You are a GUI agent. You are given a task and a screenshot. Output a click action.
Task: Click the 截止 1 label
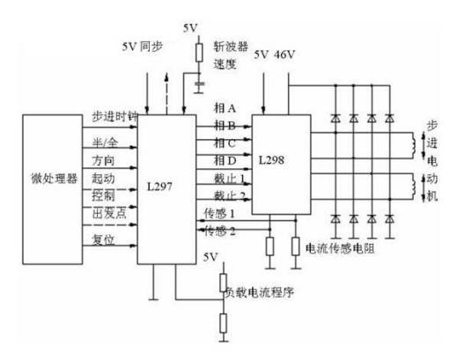229,177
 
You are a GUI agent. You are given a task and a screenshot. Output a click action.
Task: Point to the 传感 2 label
220,231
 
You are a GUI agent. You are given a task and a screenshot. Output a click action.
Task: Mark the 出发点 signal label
106,212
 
